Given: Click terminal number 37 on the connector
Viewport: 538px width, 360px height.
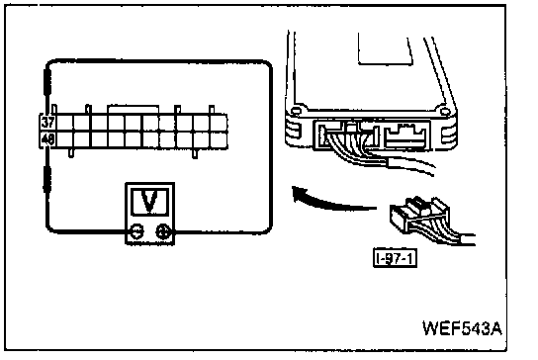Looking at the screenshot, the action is pos(48,123).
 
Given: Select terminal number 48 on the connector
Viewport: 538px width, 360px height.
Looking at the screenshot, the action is pos(48,139).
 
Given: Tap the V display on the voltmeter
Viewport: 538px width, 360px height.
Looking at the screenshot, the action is pos(150,202).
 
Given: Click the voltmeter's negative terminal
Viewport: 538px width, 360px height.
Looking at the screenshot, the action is pos(137,232).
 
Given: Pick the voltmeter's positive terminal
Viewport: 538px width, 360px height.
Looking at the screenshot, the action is pos(162,232).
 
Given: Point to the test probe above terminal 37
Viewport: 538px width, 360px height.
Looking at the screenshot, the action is pos(47,82).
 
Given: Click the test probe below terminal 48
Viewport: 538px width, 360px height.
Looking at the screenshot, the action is pos(47,178).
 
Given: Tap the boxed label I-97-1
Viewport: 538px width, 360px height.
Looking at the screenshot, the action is pos(395,258).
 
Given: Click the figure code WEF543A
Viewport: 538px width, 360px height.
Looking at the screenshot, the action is pos(462,328).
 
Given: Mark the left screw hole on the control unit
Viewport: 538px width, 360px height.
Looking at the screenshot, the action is pos(295,111).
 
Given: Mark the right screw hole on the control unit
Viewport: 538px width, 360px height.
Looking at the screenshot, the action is pos(445,111).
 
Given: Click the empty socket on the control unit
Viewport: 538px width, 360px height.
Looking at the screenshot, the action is pos(406,135).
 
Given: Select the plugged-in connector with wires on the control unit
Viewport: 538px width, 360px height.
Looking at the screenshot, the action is pos(347,136).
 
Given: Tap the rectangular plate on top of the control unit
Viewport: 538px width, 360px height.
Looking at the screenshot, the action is pos(385,49).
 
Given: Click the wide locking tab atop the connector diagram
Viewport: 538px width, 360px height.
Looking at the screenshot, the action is pos(134,110).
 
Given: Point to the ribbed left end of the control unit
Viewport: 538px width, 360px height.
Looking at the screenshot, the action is pos(293,132).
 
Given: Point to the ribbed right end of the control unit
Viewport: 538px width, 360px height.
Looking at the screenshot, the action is pos(449,134).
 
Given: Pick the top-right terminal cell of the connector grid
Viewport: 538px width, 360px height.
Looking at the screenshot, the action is pos(219,123).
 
